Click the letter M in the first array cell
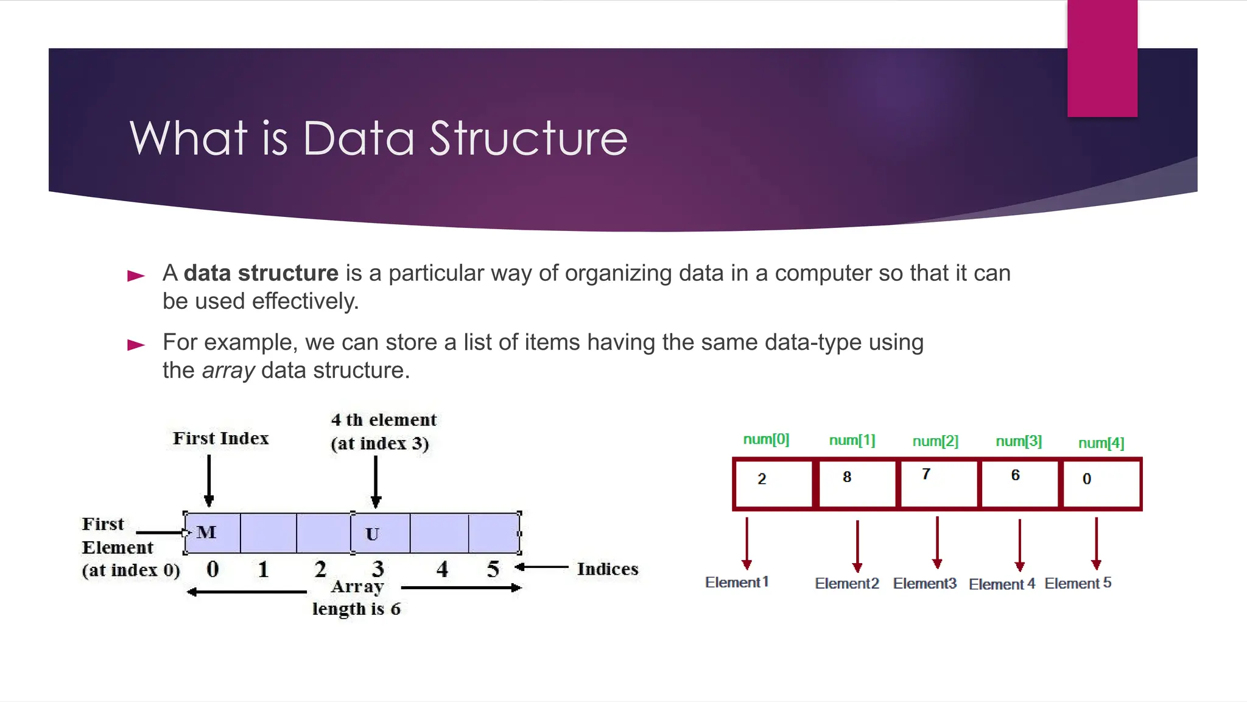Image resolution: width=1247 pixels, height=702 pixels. [x=206, y=533]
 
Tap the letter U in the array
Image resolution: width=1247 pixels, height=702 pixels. [x=372, y=534]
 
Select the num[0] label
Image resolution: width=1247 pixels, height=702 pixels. [x=766, y=439]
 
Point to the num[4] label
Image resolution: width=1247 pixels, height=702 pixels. [x=1101, y=443]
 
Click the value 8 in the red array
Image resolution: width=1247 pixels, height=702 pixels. [x=847, y=477]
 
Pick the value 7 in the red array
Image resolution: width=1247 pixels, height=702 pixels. [x=926, y=474]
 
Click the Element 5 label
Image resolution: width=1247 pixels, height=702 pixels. [x=1078, y=583]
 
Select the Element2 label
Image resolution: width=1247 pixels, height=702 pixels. [x=847, y=584]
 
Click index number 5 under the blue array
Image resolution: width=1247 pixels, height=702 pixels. [x=493, y=569]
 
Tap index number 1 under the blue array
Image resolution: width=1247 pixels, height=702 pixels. [x=263, y=569]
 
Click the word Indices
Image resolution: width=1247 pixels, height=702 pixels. [x=607, y=569]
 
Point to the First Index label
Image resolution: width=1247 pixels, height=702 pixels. [x=220, y=438]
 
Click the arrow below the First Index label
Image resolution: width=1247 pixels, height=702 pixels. [x=209, y=481]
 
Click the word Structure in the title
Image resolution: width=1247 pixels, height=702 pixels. [x=528, y=138]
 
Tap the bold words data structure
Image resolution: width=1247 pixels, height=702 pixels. [x=261, y=273]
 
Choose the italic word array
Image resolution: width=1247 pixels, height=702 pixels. [x=228, y=370]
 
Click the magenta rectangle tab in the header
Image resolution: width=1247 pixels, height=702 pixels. [x=1102, y=58]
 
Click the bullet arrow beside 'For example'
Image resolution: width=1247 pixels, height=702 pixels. [x=136, y=345]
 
